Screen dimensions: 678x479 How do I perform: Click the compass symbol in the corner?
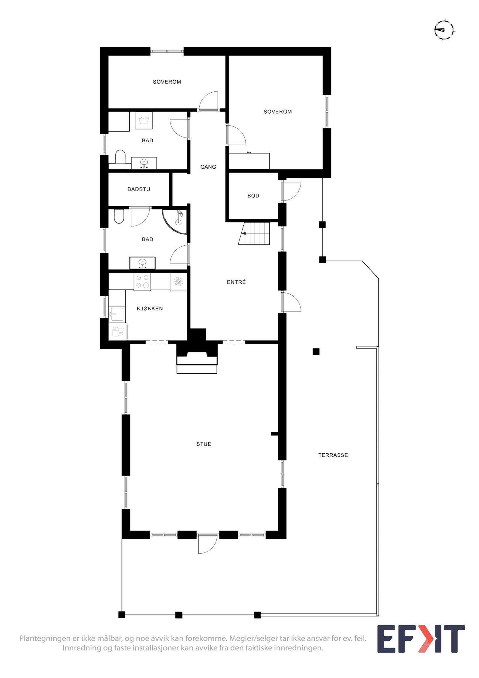point(444,30)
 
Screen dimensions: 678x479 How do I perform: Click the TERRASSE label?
point(333,455)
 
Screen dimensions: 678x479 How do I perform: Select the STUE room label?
point(204,444)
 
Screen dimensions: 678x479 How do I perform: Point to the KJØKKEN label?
point(150,308)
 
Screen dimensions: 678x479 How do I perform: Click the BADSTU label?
point(139,189)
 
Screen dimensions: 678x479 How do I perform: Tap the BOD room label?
point(253,196)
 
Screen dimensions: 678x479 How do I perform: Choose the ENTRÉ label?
point(236,282)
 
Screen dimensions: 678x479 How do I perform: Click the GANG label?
point(208,167)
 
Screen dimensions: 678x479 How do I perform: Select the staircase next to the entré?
point(254,233)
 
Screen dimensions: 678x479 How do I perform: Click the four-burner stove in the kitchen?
point(142,282)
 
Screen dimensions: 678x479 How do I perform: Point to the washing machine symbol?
point(144,120)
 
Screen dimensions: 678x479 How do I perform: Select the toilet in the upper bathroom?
point(120,157)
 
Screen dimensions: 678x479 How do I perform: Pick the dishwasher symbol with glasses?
point(118,332)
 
